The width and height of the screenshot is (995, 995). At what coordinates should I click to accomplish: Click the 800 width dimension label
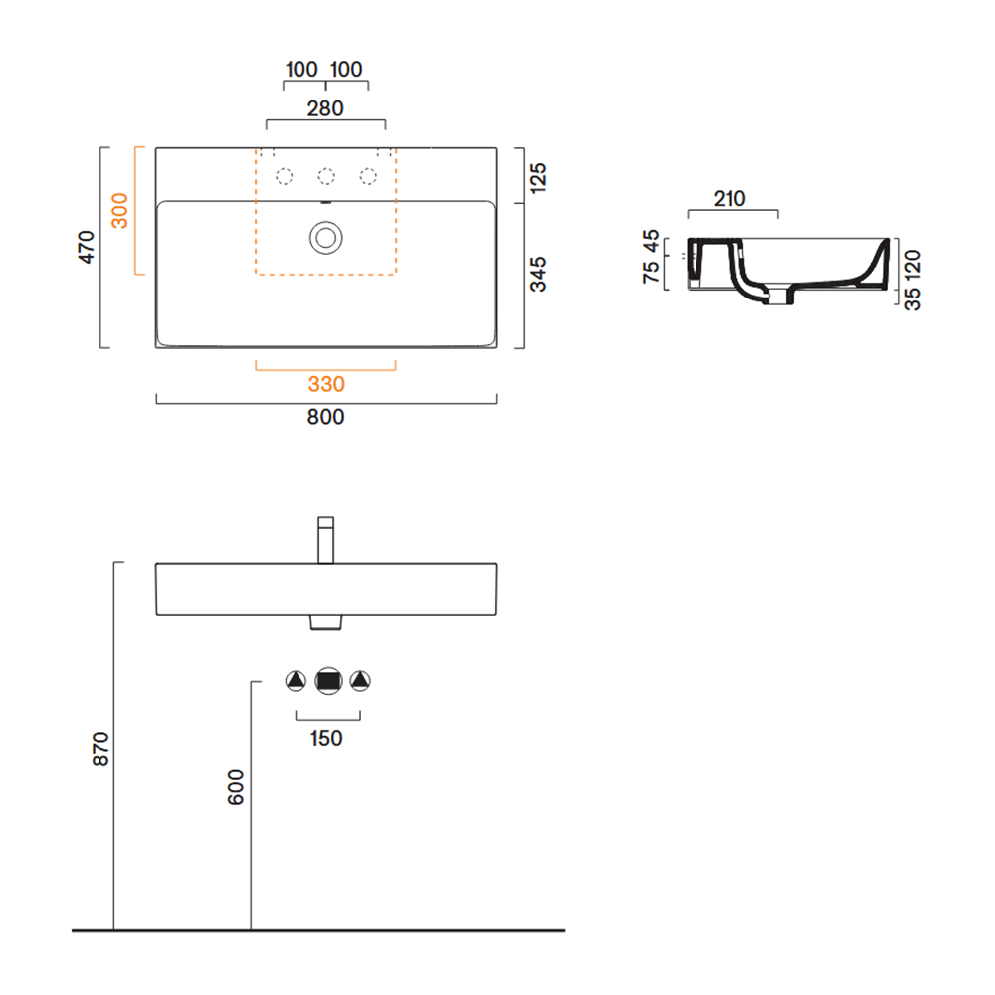[325, 417]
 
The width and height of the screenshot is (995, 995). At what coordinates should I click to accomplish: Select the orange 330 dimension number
[326, 384]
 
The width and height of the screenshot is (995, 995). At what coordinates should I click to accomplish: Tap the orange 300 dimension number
[119, 211]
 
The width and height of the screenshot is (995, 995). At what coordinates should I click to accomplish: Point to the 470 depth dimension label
[86, 247]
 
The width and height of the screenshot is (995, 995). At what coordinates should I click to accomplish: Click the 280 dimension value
[325, 108]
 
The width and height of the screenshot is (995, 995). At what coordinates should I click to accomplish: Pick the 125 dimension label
[537, 178]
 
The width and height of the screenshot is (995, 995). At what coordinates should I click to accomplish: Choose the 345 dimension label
[537, 275]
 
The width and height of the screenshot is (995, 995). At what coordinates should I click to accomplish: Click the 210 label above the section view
[729, 199]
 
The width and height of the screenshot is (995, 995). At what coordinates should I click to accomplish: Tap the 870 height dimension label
[100, 749]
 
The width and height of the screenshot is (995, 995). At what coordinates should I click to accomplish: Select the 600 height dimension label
[236, 787]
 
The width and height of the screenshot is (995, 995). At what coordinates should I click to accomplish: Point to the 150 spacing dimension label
[326, 738]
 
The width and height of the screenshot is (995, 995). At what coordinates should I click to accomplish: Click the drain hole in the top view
[326, 238]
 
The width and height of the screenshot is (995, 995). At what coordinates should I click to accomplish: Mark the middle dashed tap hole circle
[326, 176]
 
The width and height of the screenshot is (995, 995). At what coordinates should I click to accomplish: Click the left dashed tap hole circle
[285, 176]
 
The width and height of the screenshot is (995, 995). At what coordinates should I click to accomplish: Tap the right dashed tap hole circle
[368, 176]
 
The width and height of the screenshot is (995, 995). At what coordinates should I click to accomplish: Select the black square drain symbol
[328, 681]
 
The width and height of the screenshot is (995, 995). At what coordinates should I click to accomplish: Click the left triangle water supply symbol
[296, 681]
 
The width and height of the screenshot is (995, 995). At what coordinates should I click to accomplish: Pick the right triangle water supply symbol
[360, 681]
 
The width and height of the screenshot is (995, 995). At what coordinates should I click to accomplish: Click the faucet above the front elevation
[325, 540]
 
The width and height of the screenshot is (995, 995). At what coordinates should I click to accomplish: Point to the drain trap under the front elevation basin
[325, 622]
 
